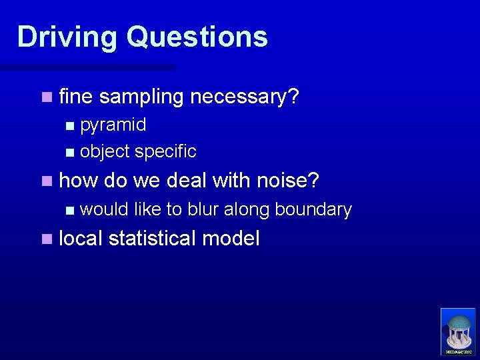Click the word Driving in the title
point(67,37)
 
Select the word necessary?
point(245,97)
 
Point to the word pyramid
point(113,125)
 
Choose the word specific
point(165,151)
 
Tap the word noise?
point(288,180)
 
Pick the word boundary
point(313,209)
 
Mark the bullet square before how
point(45,181)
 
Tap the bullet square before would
point(71,210)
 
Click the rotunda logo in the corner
point(458,331)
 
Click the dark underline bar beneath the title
point(87,67)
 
